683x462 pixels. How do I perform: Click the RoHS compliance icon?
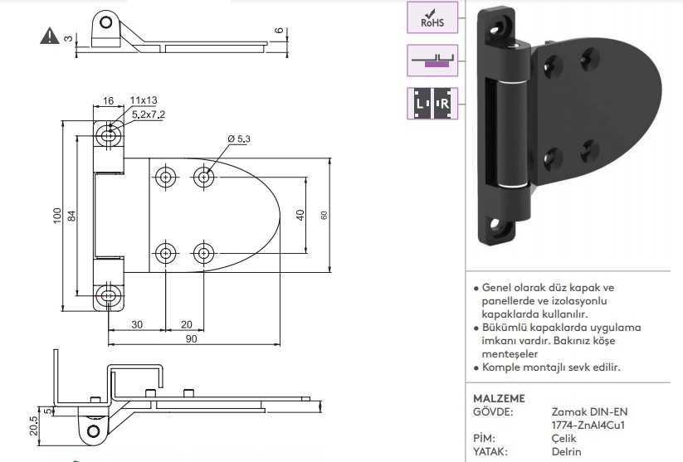pyautogui.click(x=432, y=17)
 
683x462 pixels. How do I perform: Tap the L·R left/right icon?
pyautogui.click(x=432, y=103)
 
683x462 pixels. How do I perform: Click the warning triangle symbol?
pyautogui.click(x=50, y=36)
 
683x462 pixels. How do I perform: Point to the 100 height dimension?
pyautogui.click(x=57, y=216)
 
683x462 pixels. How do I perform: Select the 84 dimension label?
pyautogui.click(x=72, y=216)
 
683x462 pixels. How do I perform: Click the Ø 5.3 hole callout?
pyautogui.click(x=239, y=139)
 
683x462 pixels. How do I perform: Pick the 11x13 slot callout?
pyautogui.click(x=144, y=100)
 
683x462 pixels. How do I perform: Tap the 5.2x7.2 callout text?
pyautogui.click(x=149, y=114)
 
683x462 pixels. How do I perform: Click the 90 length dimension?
pyautogui.click(x=191, y=338)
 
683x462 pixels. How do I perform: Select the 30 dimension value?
pyautogui.click(x=137, y=324)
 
